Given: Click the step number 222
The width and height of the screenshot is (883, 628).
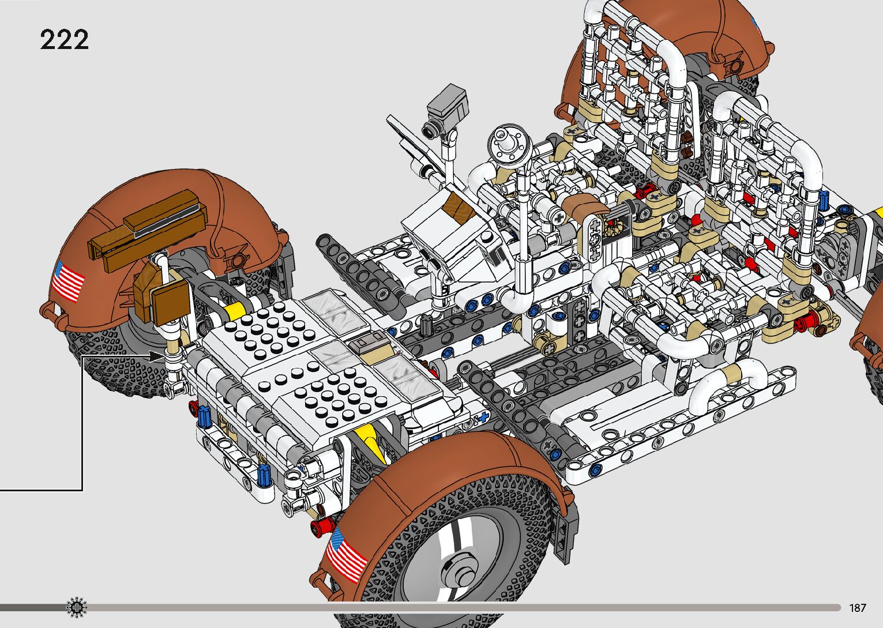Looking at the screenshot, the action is pyautogui.click(x=64, y=40).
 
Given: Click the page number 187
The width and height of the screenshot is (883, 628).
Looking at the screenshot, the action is pyautogui.click(x=858, y=607).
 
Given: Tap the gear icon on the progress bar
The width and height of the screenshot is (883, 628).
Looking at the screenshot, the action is pyautogui.click(x=77, y=607).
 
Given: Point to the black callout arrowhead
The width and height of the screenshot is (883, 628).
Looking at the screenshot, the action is pyautogui.click(x=156, y=357).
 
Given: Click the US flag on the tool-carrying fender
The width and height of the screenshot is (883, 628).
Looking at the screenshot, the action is pyautogui.click(x=68, y=281).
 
